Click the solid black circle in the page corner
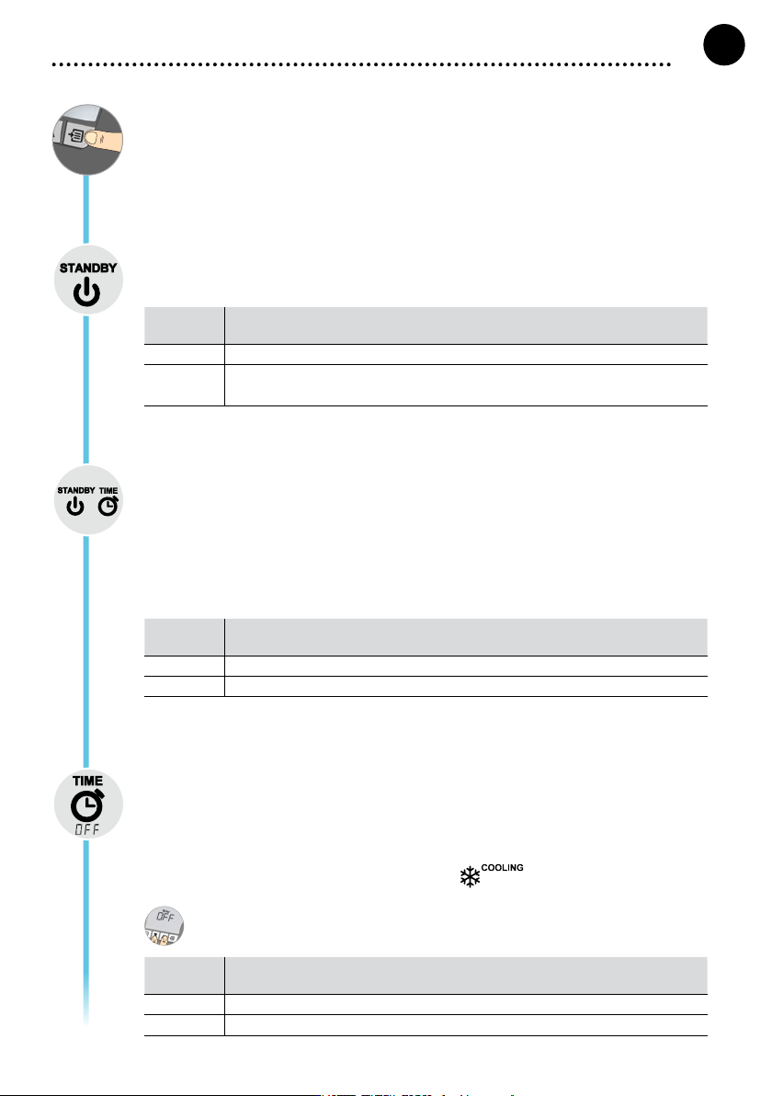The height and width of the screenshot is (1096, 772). (724, 45)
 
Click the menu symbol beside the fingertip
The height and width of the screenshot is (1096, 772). (76, 134)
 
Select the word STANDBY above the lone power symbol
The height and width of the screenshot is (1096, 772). (88, 268)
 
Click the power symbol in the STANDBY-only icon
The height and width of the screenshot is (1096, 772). (87, 291)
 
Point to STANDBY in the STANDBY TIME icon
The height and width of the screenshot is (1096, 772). (76, 491)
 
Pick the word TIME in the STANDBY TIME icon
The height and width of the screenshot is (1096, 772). (108, 491)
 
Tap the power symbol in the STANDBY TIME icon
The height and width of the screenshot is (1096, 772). (74, 507)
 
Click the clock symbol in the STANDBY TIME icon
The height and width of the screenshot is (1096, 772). (108, 506)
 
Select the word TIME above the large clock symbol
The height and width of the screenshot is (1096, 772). (88, 781)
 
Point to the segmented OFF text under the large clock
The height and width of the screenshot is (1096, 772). (88, 829)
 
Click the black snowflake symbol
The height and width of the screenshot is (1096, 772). (471, 876)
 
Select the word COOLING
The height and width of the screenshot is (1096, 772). (503, 867)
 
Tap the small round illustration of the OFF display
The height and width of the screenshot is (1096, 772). (165, 926)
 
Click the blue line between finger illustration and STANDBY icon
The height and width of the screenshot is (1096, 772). (86, 210)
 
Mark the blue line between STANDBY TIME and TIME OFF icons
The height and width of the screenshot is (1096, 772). (86, 652)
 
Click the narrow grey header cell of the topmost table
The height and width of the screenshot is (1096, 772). (185, 325)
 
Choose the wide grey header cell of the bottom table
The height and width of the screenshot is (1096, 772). (466, 976)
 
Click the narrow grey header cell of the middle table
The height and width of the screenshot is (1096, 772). (185, 637)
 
